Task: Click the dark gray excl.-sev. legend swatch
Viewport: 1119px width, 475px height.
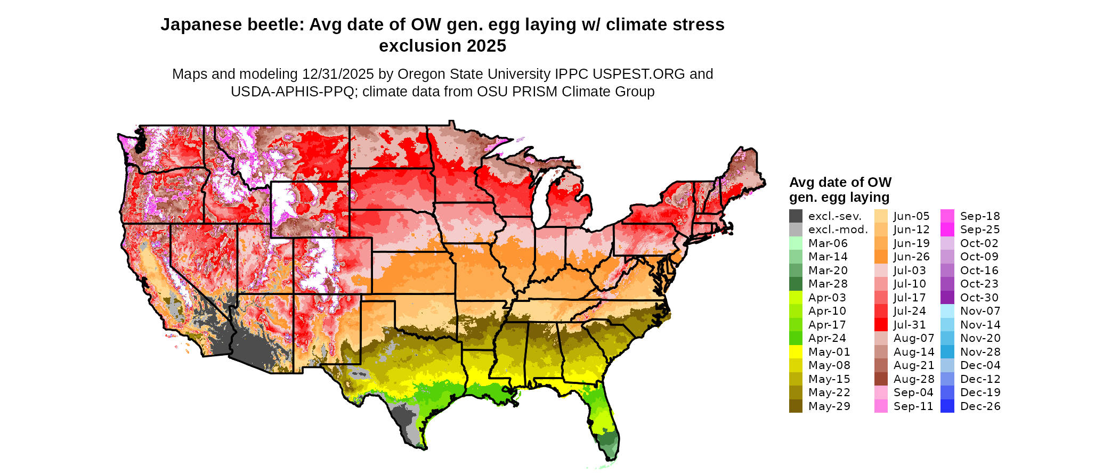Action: [x=796, y=216]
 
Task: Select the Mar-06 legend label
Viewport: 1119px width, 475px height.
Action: [x=828, y=243]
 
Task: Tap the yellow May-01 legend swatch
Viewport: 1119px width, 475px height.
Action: [x=796, y=352]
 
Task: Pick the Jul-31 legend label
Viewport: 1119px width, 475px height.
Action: [x=910, y=325]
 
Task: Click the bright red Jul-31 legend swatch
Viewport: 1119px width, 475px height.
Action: [x=881, y=325]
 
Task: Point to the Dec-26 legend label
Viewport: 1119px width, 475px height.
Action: [x=980, y=406]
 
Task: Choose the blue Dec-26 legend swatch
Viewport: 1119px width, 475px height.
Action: [x=947, y=406]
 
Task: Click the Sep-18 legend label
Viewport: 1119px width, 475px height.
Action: [x=980, y=216]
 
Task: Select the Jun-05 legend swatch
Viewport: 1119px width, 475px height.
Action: [x=881, y=216]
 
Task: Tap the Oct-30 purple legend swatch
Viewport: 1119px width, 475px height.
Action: [x=947, y=298]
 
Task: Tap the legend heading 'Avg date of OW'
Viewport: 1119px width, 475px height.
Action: [x=840, y=183]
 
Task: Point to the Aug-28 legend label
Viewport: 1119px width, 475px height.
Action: [x=914, y=379]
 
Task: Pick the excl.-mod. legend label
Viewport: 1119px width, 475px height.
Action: [x=838, y=230]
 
